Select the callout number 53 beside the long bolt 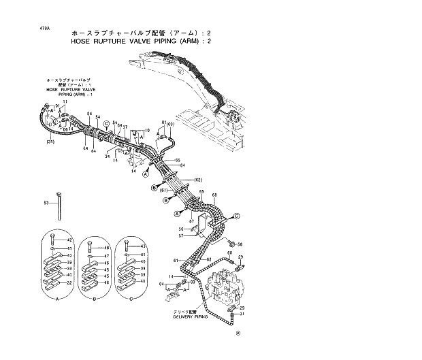click(x=46, y=203)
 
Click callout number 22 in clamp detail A click(x=69, y=282)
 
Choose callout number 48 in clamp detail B click(x=107, y=248)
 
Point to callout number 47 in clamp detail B click(x=107, y=256)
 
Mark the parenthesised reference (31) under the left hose click(x=50, y=142)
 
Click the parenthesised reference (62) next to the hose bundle click(x=199, y=180)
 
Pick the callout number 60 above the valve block click(x=229, y=252)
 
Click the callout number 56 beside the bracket click(x=182, y=229)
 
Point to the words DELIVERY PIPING click(x=192, y=317)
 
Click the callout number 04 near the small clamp click(x=161, y=283)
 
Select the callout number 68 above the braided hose click(x=214, y=196)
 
